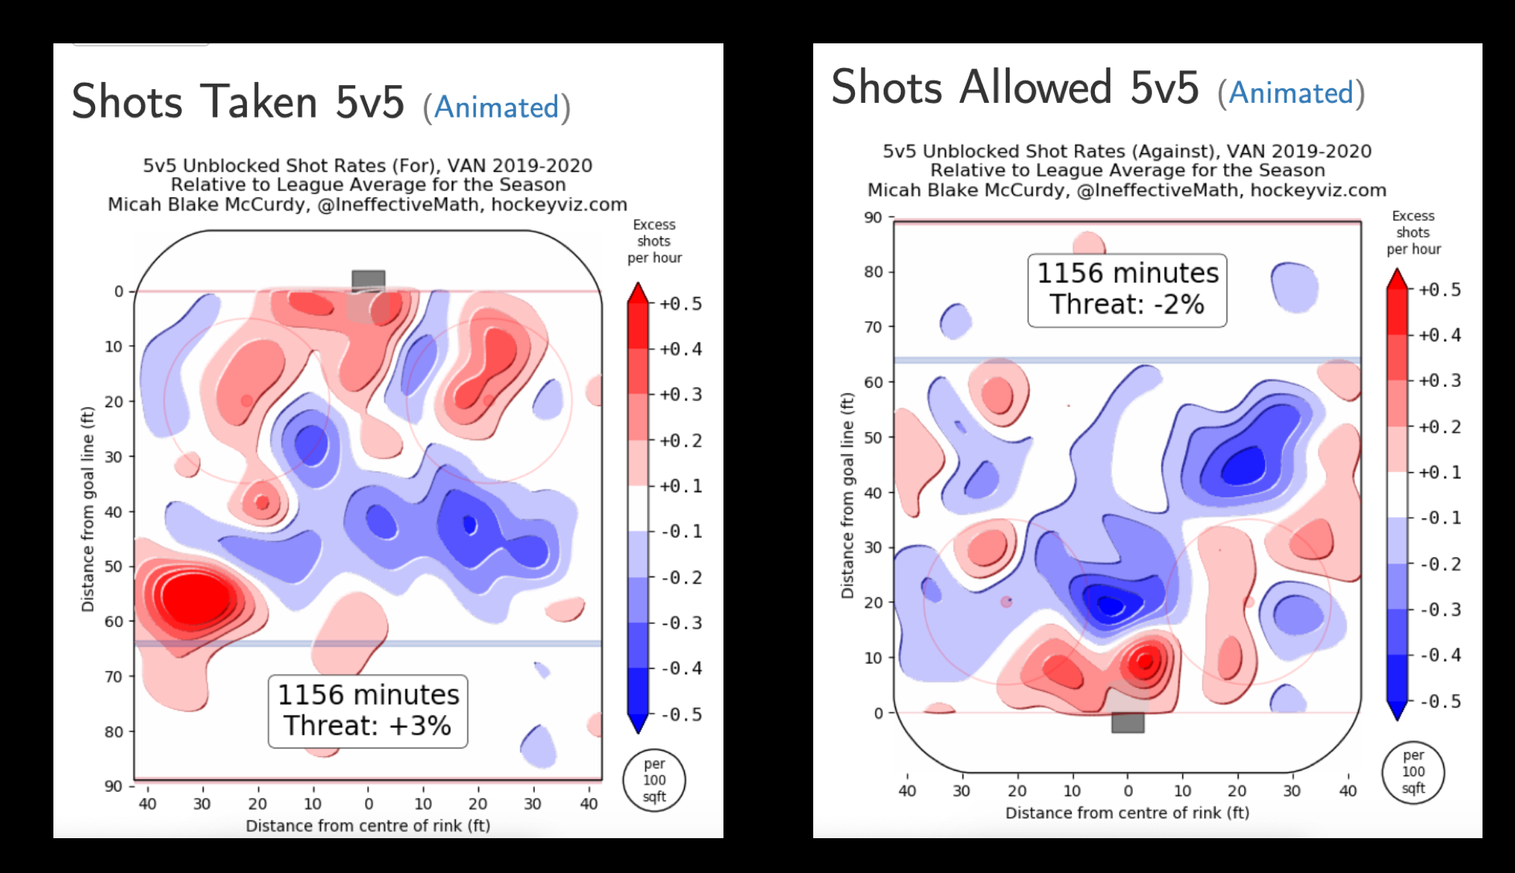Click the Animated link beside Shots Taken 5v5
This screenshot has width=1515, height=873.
(x=496, y=108)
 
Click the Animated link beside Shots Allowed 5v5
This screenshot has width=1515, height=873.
(x=1291, y=93)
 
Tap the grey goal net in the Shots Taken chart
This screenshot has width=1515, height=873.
(x=368, y=279)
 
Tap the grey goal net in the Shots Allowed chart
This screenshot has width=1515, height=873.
(x=1127, y=722)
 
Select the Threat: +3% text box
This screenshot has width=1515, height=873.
(x=368, y=710)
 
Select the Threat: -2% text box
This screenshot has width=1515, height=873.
(x=1127, y=289)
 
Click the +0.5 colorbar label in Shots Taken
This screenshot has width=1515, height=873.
(x=681, y=304)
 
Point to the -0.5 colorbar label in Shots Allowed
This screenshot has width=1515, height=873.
(x=1440, y=701)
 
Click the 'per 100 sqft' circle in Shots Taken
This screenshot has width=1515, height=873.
(x=654, y=780)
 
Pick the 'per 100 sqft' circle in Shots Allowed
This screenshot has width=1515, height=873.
(x=1413, y=772)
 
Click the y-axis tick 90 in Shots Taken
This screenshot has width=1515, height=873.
(x=114, y=786)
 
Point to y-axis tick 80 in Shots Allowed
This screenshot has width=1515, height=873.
(x=873, y=272)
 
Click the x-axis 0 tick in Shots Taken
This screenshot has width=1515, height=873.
(x=368, y=804)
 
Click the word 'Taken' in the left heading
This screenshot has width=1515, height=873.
(x=259, y=102)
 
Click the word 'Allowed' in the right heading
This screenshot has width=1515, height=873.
(x=1036, y=87)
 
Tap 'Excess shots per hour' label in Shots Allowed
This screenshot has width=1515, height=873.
(x=1413, y=232)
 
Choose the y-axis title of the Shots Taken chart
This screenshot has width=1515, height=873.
(x=87, y=508)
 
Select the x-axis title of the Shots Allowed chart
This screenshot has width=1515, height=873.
(x=1127, y=813)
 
